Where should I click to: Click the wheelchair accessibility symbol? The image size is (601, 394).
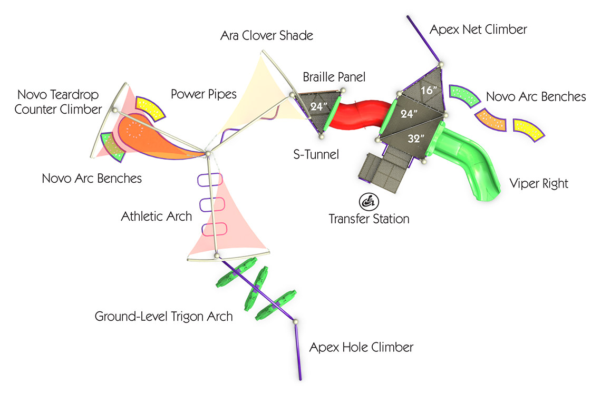[369, 202]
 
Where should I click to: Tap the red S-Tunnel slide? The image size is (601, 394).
[359, 115]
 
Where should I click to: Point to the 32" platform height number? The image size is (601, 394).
[416, 138]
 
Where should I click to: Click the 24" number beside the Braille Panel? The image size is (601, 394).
[319, 106]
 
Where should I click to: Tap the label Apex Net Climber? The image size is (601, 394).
[478, 29]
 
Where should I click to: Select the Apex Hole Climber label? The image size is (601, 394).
[361, 347]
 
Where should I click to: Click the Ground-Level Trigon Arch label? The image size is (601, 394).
[163, 317]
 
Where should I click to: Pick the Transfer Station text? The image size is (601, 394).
[369, 219]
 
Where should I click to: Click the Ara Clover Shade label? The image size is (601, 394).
[267, 36]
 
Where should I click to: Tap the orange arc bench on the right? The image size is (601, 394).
[491, 120]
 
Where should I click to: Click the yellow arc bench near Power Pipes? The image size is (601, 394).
[150, 107]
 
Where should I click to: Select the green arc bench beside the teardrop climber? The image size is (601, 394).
[113, 146]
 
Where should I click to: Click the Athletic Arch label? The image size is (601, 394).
[157, 216]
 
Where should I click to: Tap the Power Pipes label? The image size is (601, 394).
[203, 95]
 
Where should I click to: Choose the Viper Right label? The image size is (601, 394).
[538, 184]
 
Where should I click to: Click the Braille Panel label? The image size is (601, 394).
[334, 77]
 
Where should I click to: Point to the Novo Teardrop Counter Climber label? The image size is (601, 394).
[59, 102]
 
